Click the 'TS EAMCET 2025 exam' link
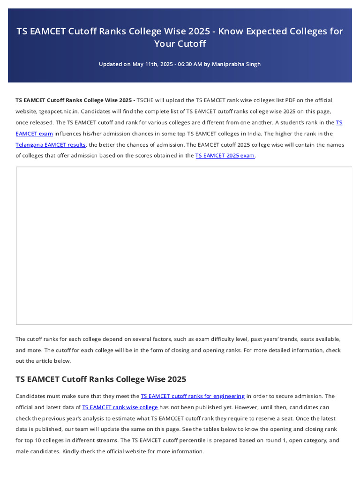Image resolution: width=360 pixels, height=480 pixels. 225,156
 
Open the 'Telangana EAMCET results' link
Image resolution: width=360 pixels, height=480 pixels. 51,145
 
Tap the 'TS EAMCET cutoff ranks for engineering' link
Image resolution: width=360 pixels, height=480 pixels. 193,396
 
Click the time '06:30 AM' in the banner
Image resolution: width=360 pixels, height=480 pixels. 189,64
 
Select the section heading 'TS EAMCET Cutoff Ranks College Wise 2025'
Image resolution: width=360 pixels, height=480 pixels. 101,379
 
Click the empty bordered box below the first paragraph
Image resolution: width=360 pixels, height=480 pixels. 184,245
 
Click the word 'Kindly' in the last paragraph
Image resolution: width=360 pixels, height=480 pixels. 71,451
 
